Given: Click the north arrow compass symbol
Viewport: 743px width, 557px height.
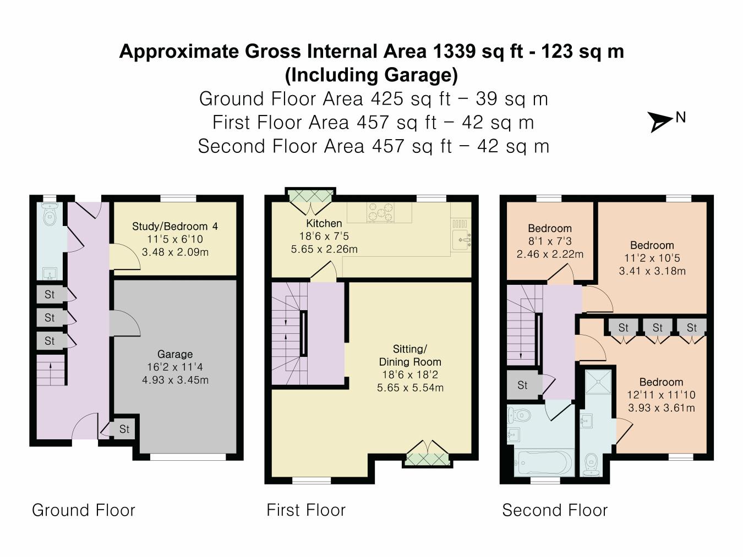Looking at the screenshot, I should pyautogui.click(x=660, y=122).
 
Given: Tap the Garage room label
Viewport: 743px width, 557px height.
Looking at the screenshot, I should pyautogui.click(x=175, y=355).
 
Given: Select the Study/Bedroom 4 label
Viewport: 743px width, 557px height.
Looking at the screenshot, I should pyautogui.click(x=175, y=227).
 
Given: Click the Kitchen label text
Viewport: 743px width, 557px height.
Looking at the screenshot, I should pyautogui.click(x=324, y=224).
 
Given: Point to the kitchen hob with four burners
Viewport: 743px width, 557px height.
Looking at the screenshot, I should pyautogui.click(x=381, y=212).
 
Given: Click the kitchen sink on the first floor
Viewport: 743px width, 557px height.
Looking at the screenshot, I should pyautogui.click(x=461, y=240).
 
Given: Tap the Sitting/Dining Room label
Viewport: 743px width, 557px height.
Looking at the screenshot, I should pyautogui.click(x=410, y=356).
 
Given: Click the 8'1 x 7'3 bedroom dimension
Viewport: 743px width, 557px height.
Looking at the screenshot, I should pyautogui.click(x=550, y=241).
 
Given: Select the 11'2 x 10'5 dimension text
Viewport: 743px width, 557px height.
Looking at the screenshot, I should pyautogui.click(x=652, y=258).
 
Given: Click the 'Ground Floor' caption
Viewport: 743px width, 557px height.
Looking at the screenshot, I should pyautogui.click(x=84, y=510).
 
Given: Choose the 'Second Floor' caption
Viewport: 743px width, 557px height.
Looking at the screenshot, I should pyautogui.click(x=555, y=510).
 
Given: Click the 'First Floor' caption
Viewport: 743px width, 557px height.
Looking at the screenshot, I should pyautogui.click(x=306, y=510).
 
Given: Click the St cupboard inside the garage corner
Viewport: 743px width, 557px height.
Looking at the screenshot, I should pyautogui.click(x=124, y=429).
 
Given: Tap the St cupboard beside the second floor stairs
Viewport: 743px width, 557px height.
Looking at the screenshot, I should pyautogui.click(x=522, y=385).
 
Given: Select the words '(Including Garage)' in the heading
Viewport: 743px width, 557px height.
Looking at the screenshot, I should pyautogui.click(x=371, y=75).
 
